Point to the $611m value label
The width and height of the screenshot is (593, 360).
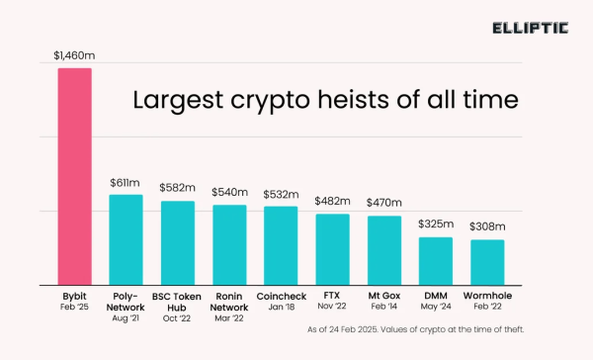click(x=126, y=184)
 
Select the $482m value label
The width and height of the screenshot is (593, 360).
click(x=332, y=202)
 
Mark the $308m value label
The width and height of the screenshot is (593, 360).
click(x=487, y=228)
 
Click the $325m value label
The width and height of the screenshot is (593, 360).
click(x=436, y=225)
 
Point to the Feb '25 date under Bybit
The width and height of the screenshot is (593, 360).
click(x=74, y=307)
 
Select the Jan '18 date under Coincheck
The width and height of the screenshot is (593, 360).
click(x=281, y=307)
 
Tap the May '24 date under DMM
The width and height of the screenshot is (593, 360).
click(x=436, y=307)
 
